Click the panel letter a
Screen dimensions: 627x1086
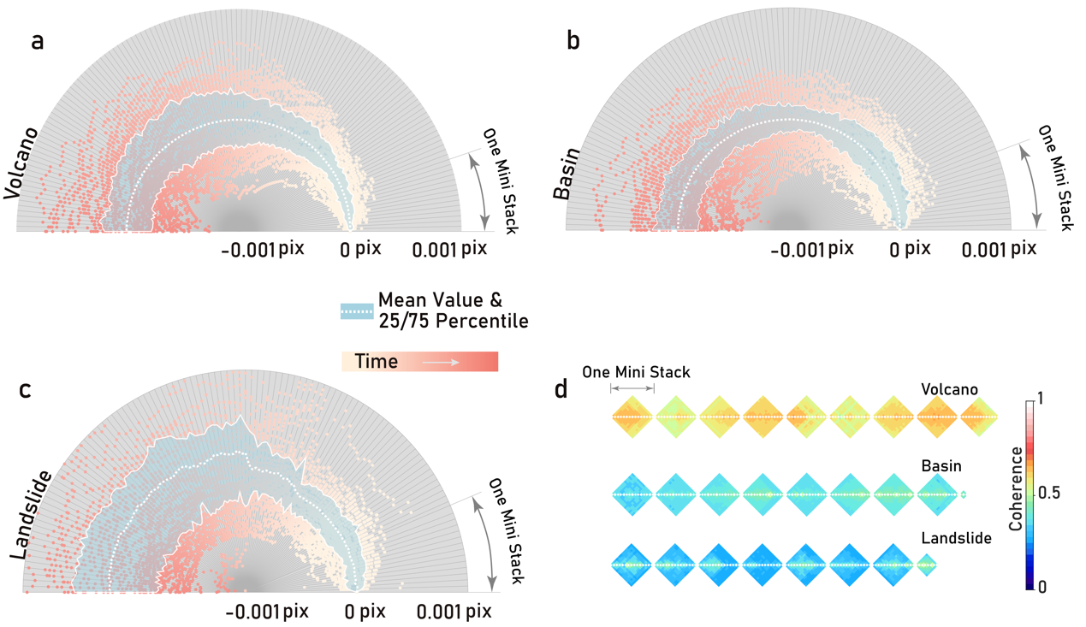point(37,40)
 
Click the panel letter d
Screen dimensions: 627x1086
point(561,391)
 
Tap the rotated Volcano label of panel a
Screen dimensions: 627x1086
point(21,164)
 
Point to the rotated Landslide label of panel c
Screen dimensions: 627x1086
point(30,514)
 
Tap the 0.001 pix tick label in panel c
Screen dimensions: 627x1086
point(454,612)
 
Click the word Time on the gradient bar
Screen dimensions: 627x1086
point(376,361)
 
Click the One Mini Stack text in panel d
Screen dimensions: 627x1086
point(636,372)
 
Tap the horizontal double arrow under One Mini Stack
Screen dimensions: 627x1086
point(632,389)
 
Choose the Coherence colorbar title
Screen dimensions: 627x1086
point(1015,494)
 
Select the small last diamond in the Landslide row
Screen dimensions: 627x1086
point(925,565)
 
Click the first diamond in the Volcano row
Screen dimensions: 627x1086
point(632,417)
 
